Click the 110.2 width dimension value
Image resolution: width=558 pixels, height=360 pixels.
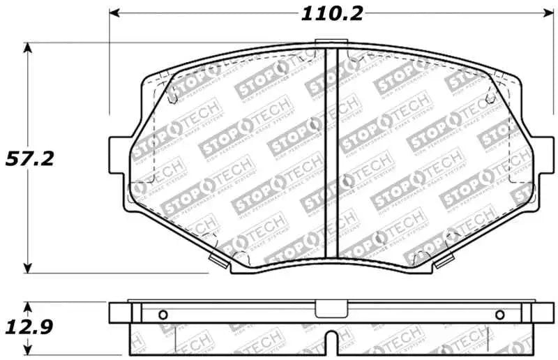[332, 13]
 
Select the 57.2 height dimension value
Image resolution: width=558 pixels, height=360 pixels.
[28, 158]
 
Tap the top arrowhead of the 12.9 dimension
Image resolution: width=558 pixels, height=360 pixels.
[27, 306]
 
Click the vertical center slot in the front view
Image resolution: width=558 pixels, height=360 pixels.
[333, 153]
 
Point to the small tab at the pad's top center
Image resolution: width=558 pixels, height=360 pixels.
[333, 45]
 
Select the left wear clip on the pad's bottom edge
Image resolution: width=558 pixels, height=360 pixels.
[218, 260]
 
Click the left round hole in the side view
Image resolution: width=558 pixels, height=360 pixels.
[163, 313]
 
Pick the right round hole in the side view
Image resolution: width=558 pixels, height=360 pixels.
[499, 314]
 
